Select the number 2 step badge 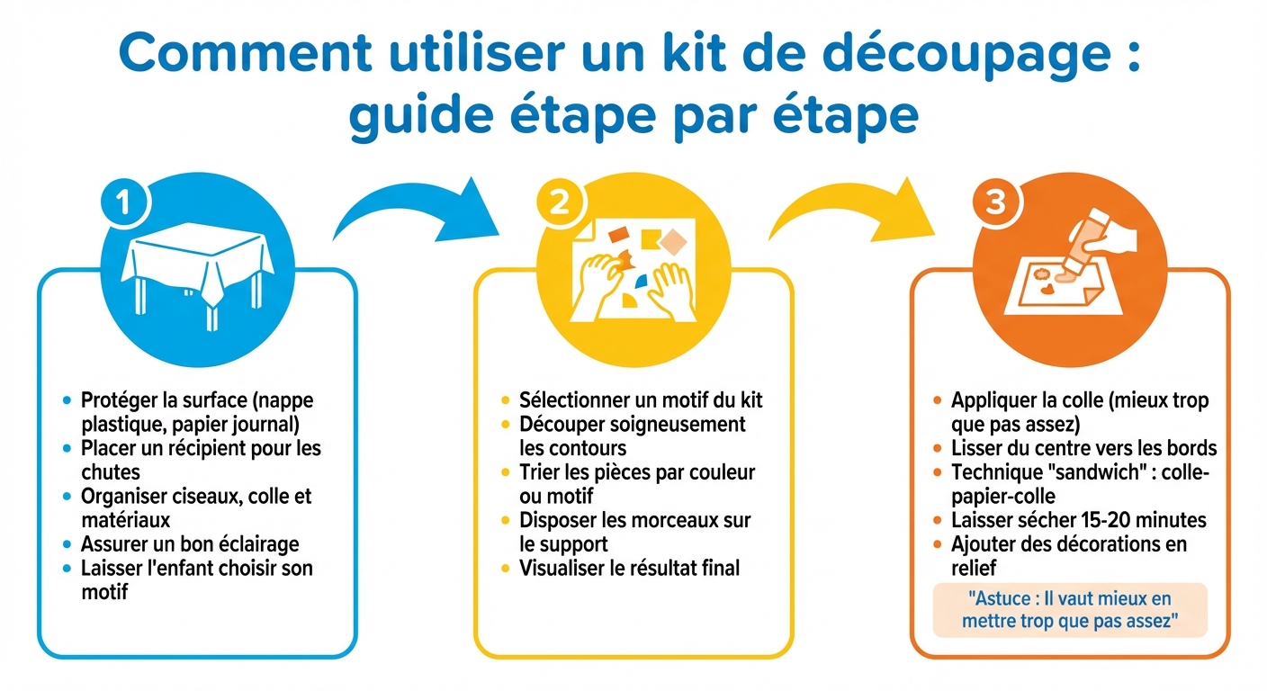coord(559,204)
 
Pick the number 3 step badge coord(995,203)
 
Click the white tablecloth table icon coord(199,266)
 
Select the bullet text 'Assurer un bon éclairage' coord(189,543)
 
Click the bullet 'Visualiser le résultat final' coord(629,568)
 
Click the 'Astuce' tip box coord(1069,609)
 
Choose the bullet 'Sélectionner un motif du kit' coord(641,399)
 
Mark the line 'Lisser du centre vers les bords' coord(1083,448)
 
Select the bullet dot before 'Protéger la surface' coord(67,399)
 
